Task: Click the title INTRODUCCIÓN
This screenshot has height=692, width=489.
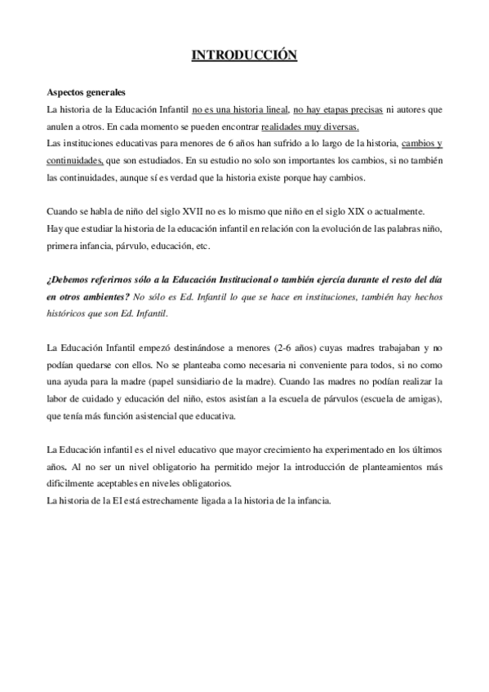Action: point(243,55)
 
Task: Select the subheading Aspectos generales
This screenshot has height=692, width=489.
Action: point(86,92)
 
